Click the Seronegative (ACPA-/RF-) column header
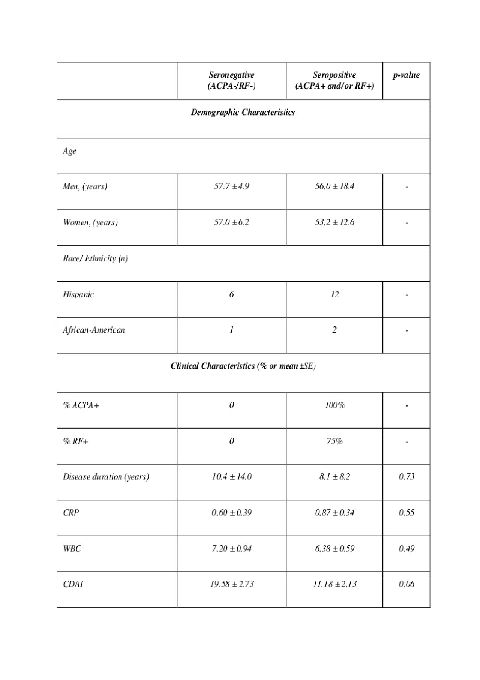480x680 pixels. click(231, 80)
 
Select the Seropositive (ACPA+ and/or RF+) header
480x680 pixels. click(334, 80)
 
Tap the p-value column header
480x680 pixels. click(406, 75)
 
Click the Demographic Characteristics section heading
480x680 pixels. click(243, 113)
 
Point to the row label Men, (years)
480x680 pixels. click(85, 186)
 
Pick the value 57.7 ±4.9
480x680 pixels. click(231, 186)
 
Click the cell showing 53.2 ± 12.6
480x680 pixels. click(334, 222)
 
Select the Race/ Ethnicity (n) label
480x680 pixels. click(95, 258)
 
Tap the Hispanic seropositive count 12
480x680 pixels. click(334, 294)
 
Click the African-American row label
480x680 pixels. click(94, 330)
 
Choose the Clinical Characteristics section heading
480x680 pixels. click(243, 366)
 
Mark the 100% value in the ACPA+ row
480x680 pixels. click(334, 405)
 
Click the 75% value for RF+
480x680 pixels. click(334, 441)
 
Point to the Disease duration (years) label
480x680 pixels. click(106, 477)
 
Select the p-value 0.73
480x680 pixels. click(406, 477)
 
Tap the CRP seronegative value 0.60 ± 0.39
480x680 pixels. click(231, 513)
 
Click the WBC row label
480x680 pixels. click(72, 549)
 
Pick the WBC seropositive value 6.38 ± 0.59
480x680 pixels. click(334, 549)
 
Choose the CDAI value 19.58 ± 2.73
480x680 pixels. click(231, 584)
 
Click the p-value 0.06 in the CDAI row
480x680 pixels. click(406, 584)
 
